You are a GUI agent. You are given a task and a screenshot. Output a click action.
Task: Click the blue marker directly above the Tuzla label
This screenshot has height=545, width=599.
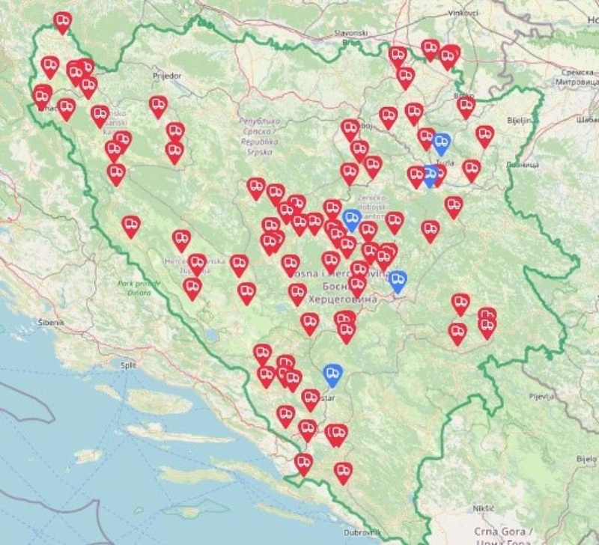point(442,142)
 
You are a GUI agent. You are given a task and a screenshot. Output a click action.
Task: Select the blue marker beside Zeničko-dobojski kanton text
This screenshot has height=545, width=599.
point(352,219)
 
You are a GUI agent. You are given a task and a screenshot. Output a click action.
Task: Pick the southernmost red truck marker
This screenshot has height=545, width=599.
point(342,471)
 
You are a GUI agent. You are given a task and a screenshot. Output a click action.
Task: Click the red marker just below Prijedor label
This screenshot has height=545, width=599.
point(158,106)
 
